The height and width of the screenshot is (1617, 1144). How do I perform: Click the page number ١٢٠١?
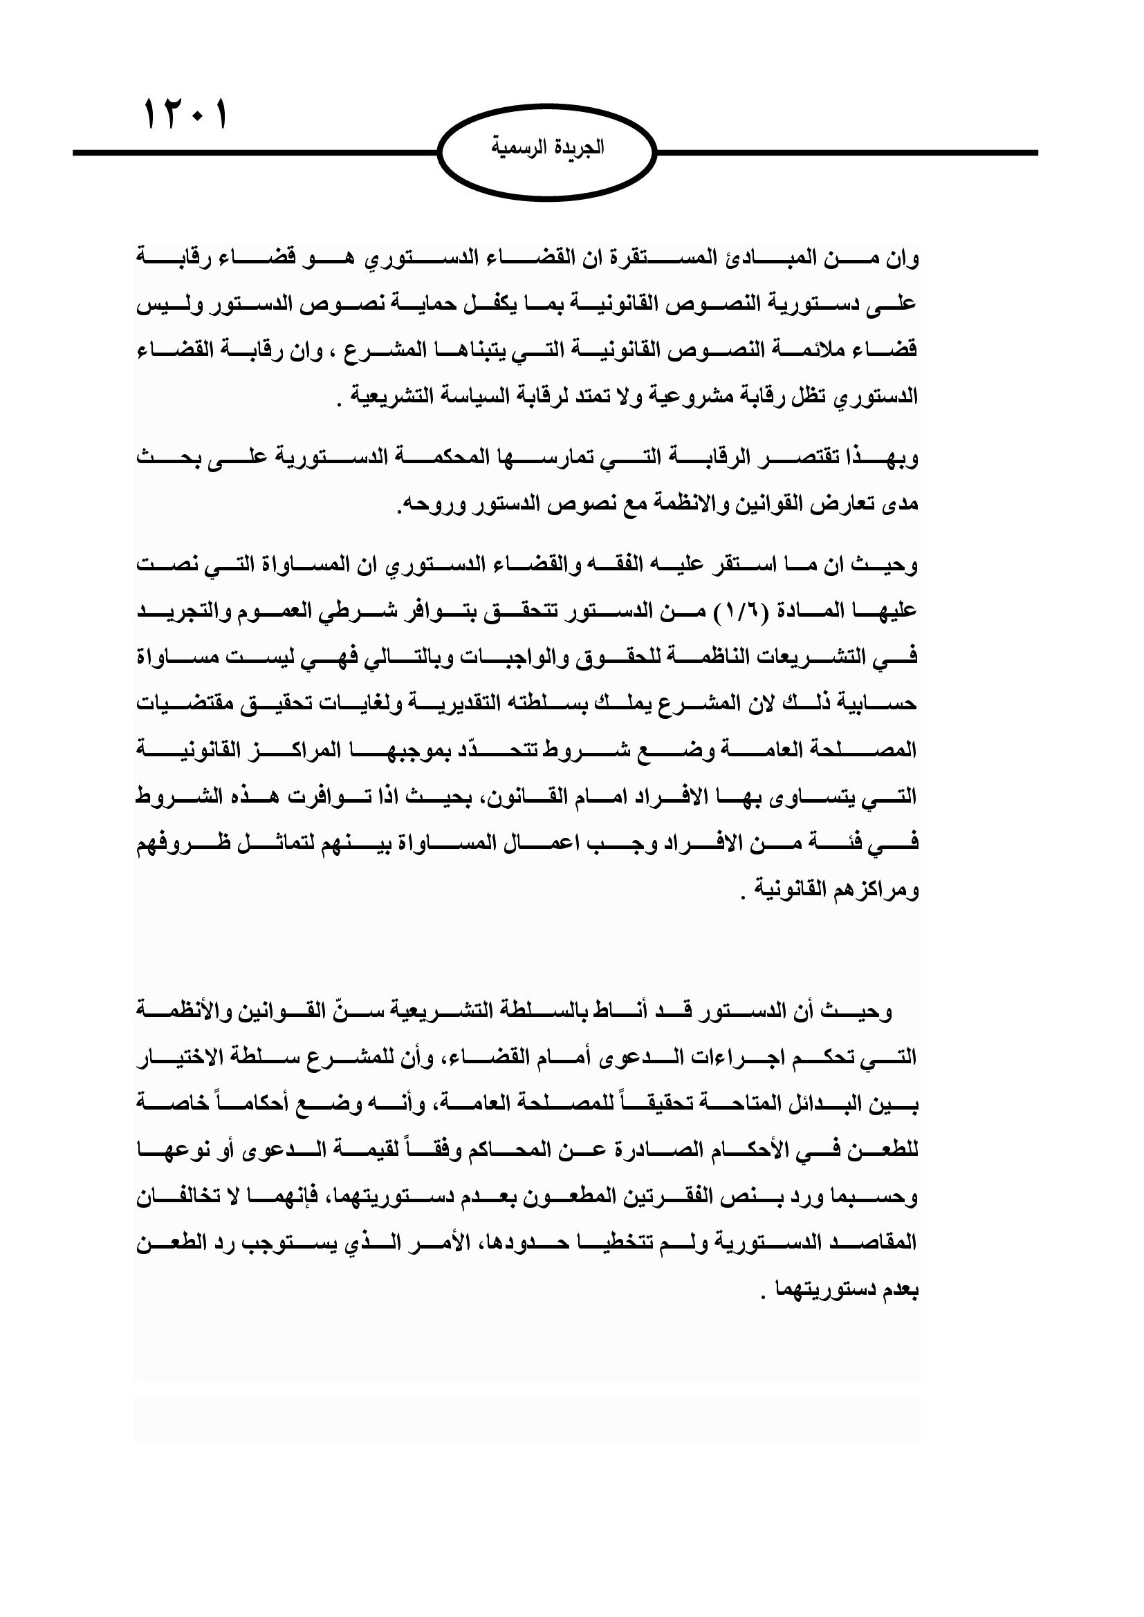coord(187,115)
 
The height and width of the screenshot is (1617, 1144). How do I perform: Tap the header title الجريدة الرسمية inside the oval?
coord(547,149)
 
